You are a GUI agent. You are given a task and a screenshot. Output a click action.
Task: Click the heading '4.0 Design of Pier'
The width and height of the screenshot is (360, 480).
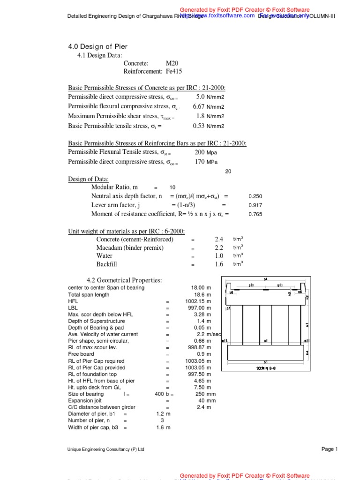98,46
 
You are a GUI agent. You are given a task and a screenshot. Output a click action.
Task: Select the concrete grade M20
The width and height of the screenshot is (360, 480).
172,63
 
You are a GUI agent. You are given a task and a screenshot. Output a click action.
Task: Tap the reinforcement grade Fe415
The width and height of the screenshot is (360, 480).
174,72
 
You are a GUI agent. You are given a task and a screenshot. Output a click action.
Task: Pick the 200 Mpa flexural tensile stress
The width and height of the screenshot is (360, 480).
199,152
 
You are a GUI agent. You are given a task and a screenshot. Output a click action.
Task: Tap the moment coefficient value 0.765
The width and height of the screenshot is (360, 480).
255,214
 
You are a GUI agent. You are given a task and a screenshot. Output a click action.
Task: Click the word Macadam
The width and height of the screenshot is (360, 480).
110,247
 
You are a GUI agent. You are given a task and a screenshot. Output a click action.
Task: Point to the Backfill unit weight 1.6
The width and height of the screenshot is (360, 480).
219,264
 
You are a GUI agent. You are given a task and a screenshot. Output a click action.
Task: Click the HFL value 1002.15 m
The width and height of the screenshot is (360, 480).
198,301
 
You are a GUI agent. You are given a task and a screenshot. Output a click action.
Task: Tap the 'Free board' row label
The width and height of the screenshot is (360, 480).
81,354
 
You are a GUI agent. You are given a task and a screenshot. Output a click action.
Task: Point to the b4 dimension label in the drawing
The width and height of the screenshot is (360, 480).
265,279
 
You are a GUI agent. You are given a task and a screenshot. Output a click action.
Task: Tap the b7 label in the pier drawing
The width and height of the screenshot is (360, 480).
228,309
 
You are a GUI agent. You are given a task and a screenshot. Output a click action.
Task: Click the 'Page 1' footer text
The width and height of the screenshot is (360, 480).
329,449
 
